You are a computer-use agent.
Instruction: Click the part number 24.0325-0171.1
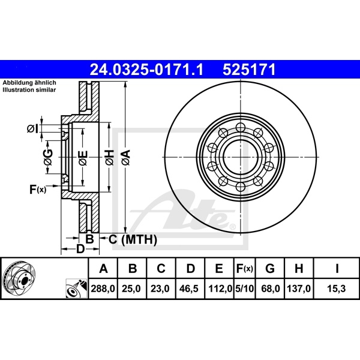coord(147,70)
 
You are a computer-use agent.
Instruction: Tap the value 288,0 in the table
coord(103,289)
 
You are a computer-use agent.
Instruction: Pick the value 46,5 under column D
coord(190,289)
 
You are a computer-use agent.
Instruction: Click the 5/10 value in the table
coord(245,289)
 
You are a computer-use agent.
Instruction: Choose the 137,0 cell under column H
coord(299,289)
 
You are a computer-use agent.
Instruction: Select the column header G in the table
coord(271,268)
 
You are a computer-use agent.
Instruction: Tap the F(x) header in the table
coord(245,268)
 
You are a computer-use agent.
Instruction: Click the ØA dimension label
coord(126,158)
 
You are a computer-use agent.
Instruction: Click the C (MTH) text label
coord(132,240)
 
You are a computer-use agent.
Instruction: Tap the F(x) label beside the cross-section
coord(37,190)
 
